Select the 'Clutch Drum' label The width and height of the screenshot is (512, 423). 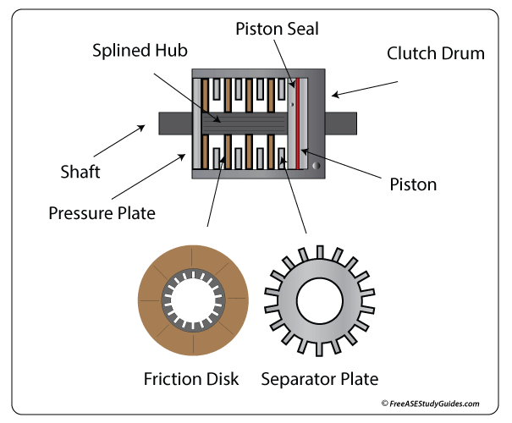coord(435,53)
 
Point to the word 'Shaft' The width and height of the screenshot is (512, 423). coord(80,172)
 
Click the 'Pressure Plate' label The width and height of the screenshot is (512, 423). coord(102,212)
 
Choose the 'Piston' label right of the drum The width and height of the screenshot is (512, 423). coord(413,184)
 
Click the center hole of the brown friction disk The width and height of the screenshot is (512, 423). coord(193,302)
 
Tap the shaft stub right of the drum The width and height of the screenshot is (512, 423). coord(340,123)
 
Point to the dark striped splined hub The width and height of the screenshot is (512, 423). coord(245,123)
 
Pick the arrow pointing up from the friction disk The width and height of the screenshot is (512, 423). coord(213,186)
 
